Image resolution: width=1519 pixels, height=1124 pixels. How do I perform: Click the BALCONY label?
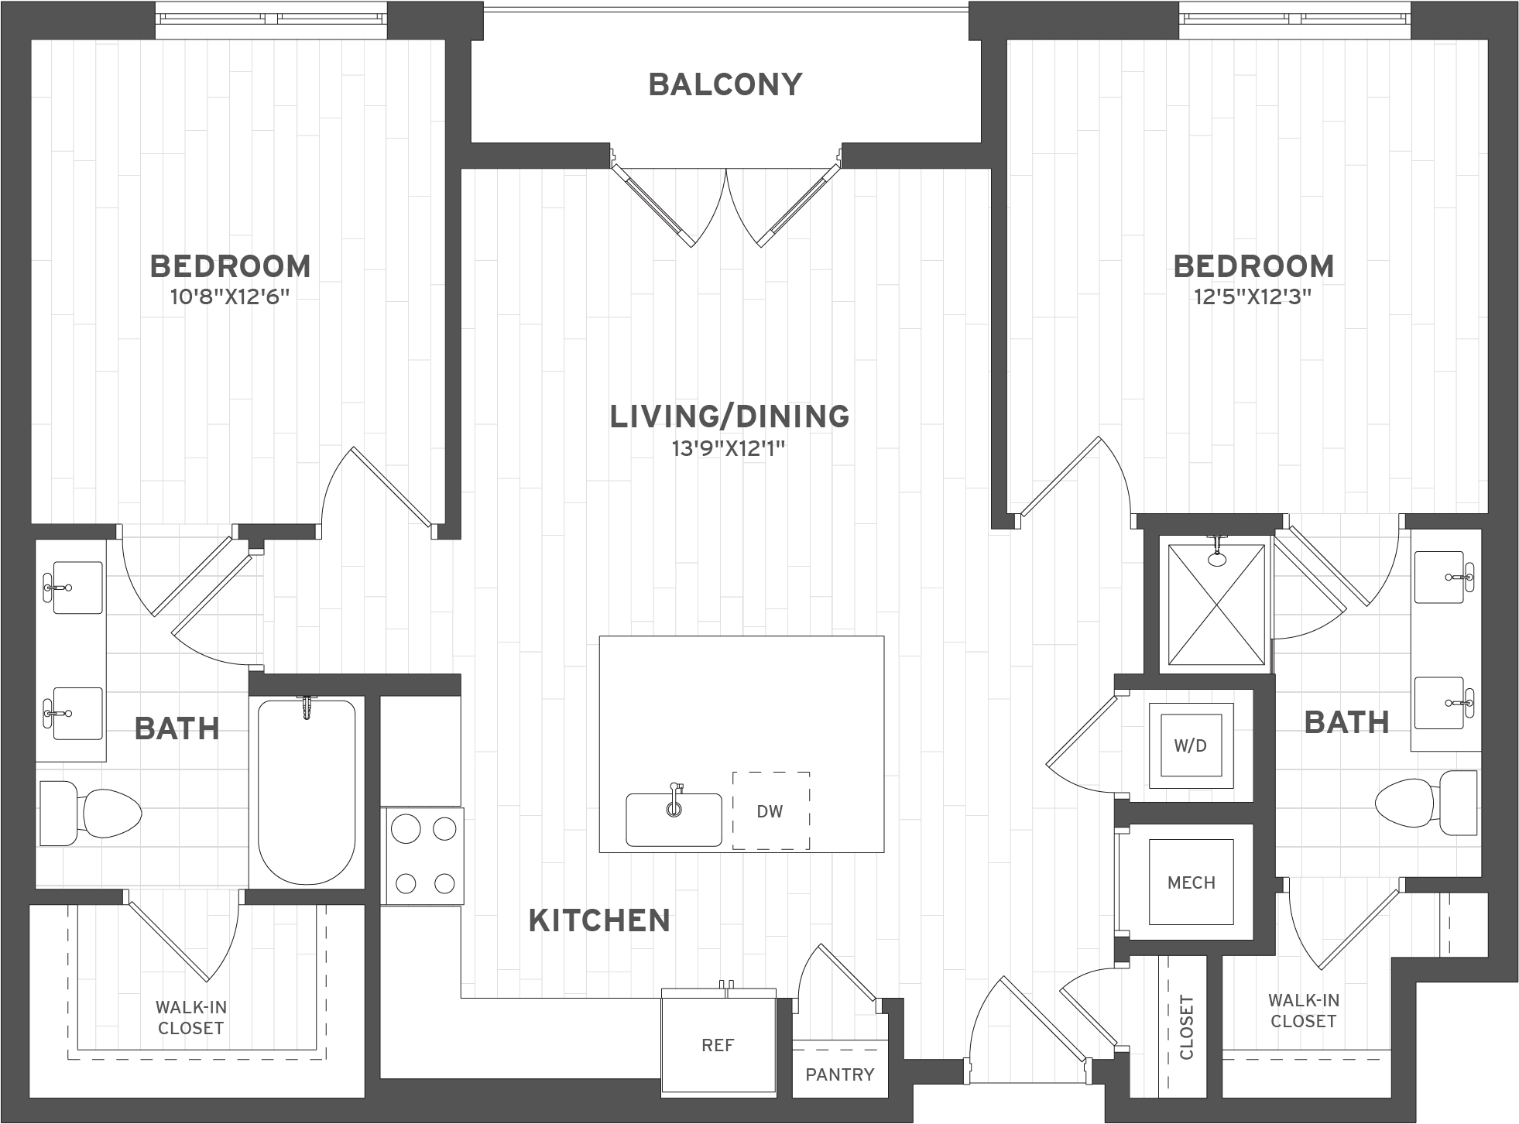click(725, 84)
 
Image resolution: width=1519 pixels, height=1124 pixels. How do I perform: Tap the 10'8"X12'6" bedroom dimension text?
click(230, 297)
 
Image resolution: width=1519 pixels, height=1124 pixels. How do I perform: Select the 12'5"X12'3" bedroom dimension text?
click(1253, 297)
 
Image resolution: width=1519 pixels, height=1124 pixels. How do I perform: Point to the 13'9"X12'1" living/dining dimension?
click(729, 448)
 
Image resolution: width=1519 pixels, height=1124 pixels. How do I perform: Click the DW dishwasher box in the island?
click(770, 810)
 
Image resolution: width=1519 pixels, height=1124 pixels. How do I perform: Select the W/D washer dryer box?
click(1191, 745)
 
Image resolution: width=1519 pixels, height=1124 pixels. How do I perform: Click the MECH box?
click(1191, 882)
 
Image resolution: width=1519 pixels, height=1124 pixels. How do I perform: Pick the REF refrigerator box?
click(717, 1046)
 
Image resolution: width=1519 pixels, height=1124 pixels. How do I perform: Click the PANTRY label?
click(839, 1074)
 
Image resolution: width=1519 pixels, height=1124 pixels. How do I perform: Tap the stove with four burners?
click(423, 856)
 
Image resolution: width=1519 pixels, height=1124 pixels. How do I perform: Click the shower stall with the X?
click(1216, 605)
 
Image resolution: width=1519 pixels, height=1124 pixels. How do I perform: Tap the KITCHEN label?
click(599, 920)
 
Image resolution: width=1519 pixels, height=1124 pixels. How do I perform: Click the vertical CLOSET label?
click(1186, 1027)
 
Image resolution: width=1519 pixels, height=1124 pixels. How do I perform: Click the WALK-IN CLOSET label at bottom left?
click(190, 1018)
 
